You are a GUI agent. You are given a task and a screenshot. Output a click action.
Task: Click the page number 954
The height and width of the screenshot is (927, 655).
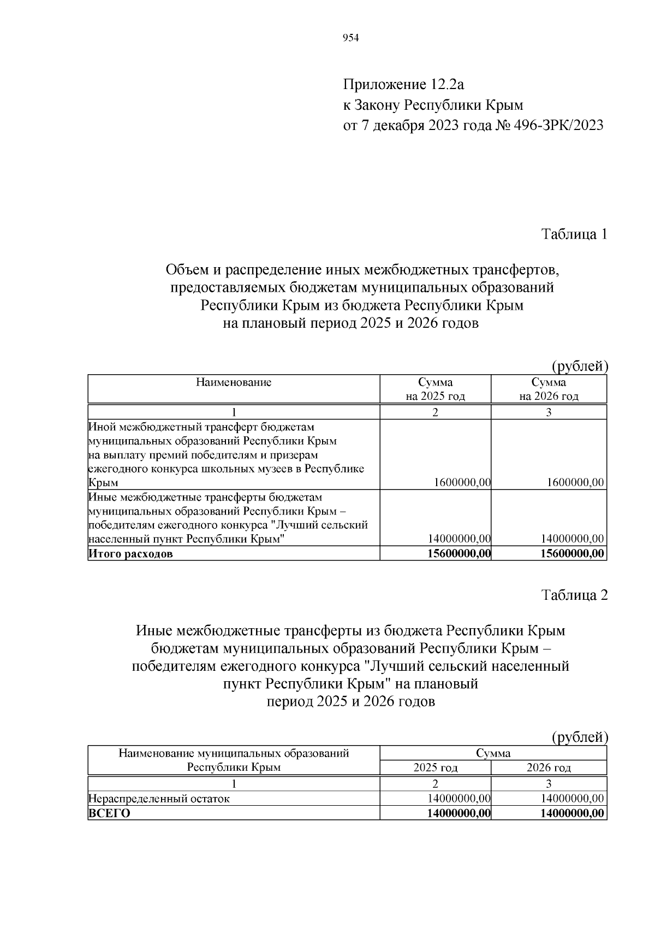click(x=350, y=38)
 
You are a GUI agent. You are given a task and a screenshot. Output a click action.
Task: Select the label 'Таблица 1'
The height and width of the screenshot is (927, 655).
click(x=574, y=234)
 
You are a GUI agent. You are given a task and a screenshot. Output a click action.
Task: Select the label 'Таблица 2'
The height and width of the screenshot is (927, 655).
click(x=574, y=595)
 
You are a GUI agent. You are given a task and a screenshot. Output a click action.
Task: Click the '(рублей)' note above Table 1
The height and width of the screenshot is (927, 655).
click(x=580, y=366)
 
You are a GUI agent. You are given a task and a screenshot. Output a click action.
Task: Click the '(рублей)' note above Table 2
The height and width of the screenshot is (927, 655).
click(x=580, y=737)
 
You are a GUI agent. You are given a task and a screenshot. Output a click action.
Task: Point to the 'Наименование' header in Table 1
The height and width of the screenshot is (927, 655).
click(x=234, y=382)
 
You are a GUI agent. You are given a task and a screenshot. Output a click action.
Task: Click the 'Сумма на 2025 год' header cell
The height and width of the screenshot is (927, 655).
click(x=435, y=389)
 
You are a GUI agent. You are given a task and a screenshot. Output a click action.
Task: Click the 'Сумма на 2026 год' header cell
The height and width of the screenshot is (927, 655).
click(x=549, y=389)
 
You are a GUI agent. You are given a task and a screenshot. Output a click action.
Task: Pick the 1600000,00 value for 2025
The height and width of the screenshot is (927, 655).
click(x=462, y=482)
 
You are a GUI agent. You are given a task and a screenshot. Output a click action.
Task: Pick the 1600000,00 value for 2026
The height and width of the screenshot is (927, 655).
click(x=575, y=482)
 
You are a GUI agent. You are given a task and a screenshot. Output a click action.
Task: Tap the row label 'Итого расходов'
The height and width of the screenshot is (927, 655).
click(x=130, y=554)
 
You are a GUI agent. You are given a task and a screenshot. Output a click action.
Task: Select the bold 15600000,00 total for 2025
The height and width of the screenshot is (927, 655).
click(x=461, y=554)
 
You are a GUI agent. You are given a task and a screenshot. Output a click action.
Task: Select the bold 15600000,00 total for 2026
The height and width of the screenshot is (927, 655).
click(x=573, y=554)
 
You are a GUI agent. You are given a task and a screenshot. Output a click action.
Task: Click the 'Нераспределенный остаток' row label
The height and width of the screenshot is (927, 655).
click(x=159, y=799)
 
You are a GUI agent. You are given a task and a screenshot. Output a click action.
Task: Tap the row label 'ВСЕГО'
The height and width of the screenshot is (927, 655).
click(x=110, y=813)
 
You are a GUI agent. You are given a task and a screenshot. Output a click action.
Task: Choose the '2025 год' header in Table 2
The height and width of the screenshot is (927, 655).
click(x=435, y=768)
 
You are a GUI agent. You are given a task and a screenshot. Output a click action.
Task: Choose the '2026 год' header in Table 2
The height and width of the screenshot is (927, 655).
click(x=549, y=768)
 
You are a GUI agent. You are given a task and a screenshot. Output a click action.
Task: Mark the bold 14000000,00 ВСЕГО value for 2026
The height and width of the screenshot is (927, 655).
click(x=573, y=813)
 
